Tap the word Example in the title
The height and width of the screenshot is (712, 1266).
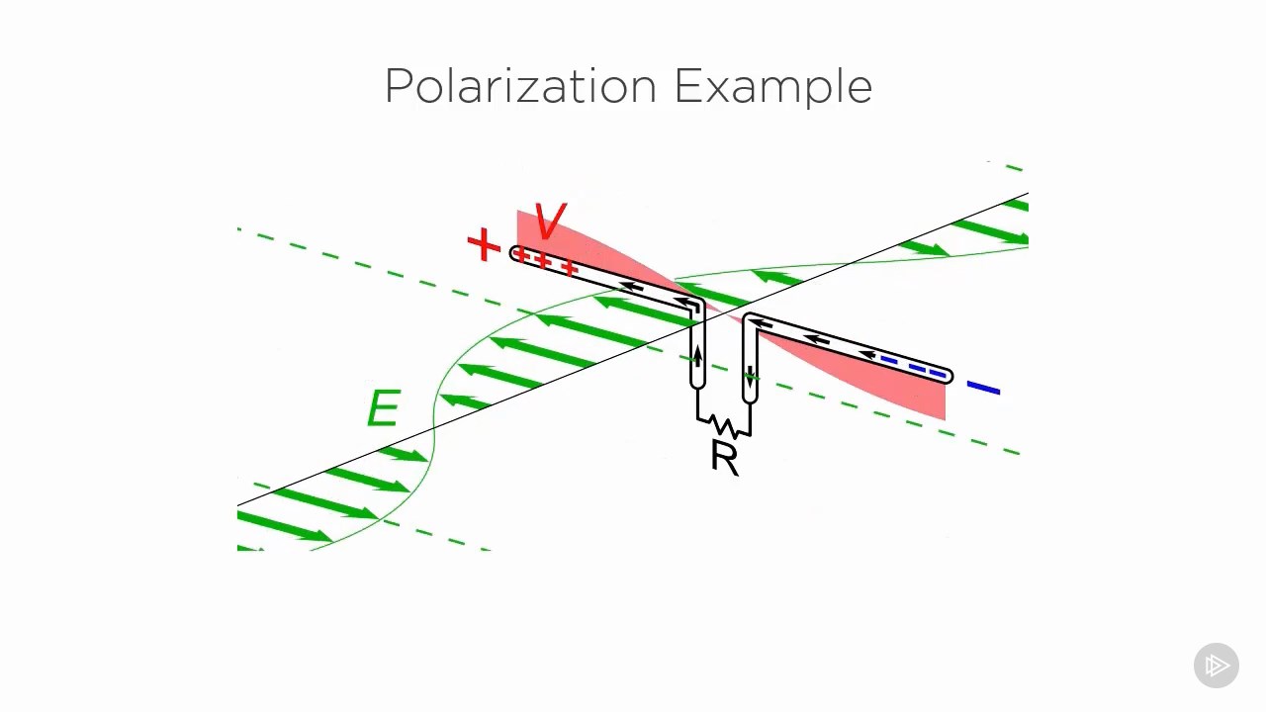(772, 87)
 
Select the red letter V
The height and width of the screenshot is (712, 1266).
(550, 222)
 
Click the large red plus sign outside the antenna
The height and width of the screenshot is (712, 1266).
(484, 244)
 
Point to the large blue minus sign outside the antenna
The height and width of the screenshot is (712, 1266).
(983, 389)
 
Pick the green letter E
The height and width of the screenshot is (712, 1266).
(383, 408)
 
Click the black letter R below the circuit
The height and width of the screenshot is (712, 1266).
(724, 458)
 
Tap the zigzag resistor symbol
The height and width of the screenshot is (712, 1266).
(724, 427)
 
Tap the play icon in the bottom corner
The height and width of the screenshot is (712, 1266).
(1217, 666)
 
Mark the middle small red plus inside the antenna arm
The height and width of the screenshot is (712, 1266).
(543, 261)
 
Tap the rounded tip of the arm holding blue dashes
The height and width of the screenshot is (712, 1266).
(948, 376)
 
